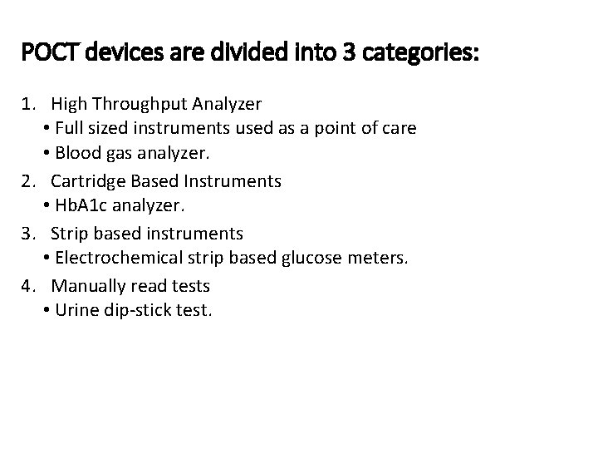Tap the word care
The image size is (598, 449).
click(x=399, y=129)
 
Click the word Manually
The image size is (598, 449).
click(x=87, y=285)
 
